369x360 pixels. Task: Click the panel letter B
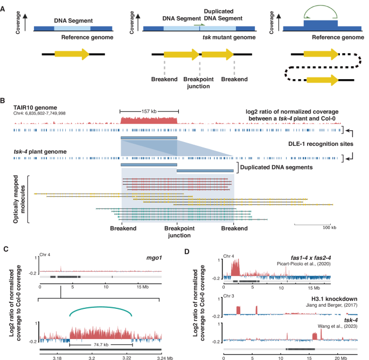(5, 101)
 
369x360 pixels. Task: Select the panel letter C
(5, 249)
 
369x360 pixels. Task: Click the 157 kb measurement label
(148, 111)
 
